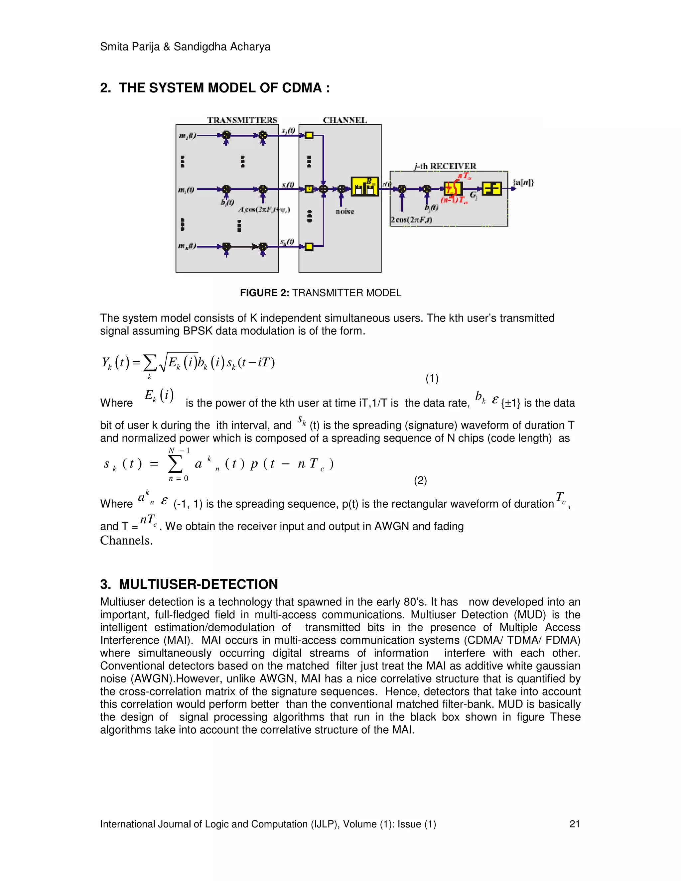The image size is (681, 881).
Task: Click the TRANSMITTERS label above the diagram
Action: pos(242,120)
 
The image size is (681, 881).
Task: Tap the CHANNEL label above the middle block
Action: pos(344,120)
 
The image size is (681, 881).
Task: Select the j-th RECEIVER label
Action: pos(445,166)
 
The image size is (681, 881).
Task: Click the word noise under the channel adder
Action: pos(344,211)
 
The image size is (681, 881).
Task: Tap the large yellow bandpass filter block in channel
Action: pos(365,187)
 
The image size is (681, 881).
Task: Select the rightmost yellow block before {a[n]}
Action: pos(491,189)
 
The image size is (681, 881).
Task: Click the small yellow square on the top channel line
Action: pos(309,136)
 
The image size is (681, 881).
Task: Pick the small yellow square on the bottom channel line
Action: pos(309,246)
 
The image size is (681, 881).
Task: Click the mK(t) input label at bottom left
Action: pos(187,246)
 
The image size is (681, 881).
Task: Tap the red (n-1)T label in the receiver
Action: pos(455,200)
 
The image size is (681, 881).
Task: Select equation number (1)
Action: pos(432,378)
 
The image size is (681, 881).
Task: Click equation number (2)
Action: pos(420,480)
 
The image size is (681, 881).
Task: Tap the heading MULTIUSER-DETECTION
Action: pos(198,584)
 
